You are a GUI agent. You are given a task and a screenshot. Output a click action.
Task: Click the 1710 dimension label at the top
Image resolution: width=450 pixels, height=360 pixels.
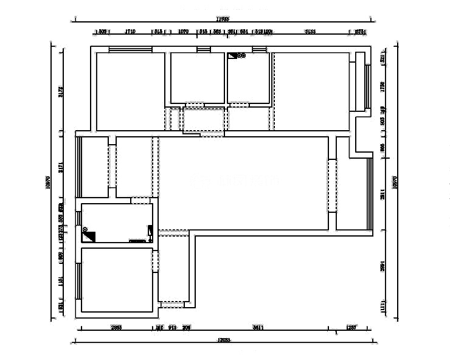pos(130,31)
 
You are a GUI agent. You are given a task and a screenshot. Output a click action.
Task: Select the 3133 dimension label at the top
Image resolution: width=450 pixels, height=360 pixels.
pos(310,31)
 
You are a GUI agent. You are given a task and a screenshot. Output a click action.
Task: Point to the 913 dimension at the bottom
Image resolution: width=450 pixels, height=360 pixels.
pos(172,327)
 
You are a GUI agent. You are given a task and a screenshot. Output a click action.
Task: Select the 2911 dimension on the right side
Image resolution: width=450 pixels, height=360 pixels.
pos(382,193)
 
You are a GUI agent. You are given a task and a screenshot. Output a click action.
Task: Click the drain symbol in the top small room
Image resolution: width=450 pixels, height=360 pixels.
pos(241,56)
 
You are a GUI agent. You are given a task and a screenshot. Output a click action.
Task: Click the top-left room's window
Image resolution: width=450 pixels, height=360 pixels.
pos(130,49)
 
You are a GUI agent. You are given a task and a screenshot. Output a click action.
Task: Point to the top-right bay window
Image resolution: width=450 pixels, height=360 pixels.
pos(367,86)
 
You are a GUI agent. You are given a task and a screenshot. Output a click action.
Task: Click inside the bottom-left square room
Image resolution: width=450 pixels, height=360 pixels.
pos(116,280)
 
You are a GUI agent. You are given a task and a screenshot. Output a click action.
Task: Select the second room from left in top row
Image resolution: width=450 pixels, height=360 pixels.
pos(197,77)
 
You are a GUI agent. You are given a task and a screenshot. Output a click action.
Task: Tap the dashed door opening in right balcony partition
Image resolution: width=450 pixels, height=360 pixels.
pos(332,185)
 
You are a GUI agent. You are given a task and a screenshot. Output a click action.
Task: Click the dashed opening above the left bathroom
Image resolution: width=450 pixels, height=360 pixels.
pos(142,200)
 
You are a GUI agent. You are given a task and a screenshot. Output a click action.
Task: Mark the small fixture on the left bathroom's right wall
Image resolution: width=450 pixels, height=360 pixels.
pos(150,231)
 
